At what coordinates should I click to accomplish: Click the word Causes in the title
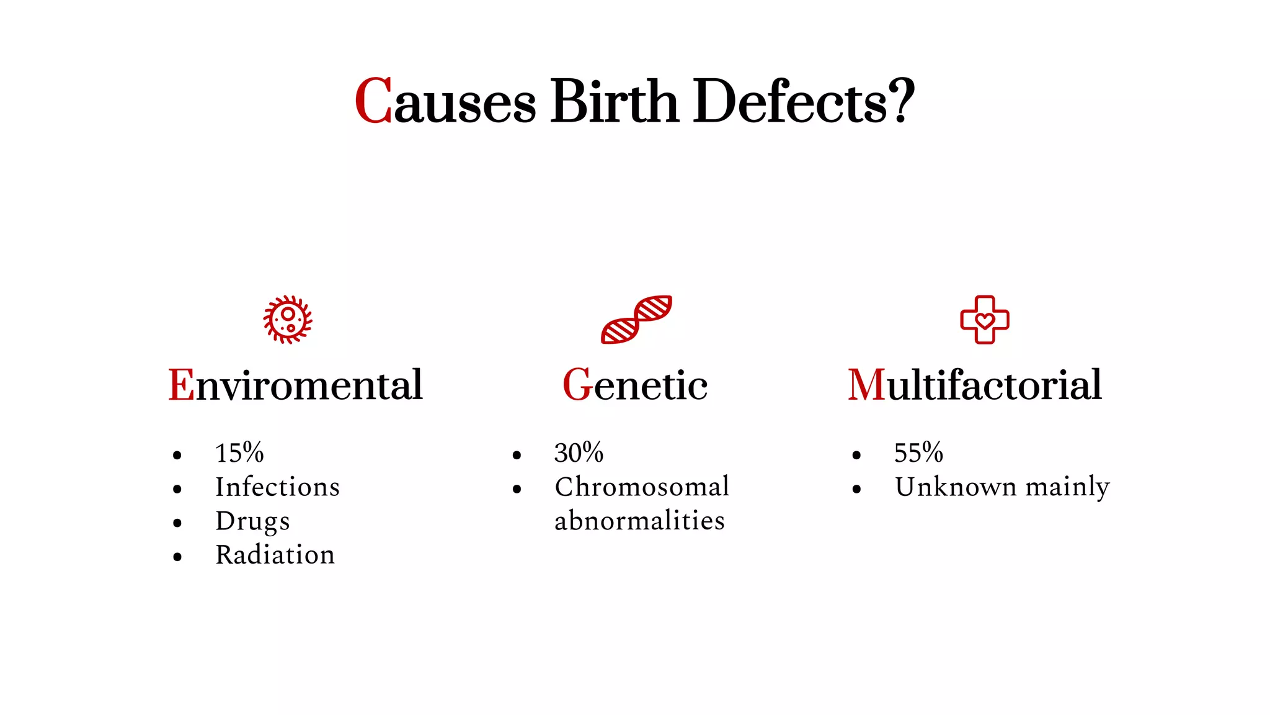coord(445,101)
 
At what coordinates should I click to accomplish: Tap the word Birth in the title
coord(614,101)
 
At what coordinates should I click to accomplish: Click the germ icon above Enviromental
coord(288,319)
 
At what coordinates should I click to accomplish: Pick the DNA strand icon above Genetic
coord(636,319)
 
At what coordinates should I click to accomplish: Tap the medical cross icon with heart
coord(985,319)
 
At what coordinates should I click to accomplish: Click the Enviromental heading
coord(296,385)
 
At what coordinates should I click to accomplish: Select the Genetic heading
coord(635,385)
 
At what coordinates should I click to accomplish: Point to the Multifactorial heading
coord(975,385)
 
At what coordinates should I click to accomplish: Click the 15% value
coord(239,452)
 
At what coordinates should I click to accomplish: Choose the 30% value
coord(579,452)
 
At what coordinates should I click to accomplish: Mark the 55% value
coord(918,452)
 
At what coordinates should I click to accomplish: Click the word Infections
coord(277,487)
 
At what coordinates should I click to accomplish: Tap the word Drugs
coord(252,521)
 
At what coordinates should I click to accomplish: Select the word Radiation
coord(275,554)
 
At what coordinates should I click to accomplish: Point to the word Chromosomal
coord(642,487)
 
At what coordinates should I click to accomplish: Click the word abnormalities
coord(639,521)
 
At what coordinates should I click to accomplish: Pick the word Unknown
coord(955,487)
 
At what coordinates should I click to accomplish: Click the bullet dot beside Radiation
coord(177,557)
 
